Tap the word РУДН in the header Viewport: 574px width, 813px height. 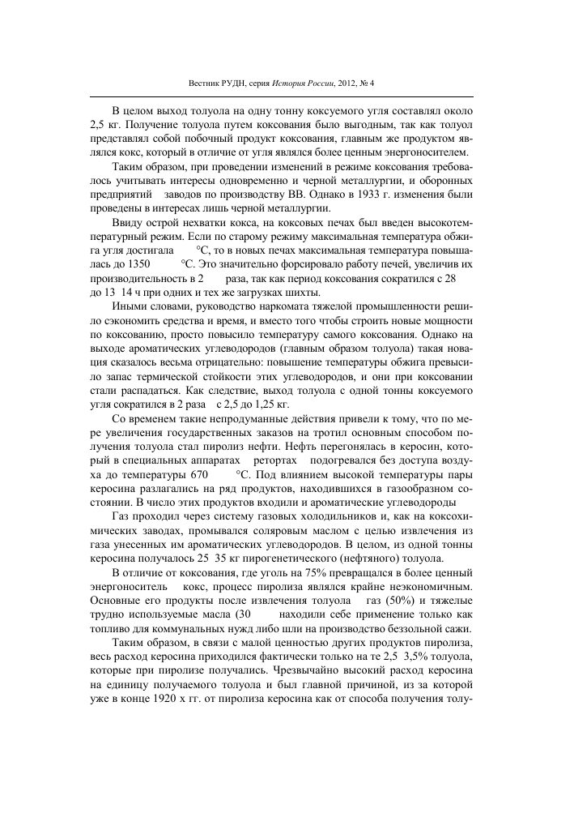(x=225, y=83)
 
